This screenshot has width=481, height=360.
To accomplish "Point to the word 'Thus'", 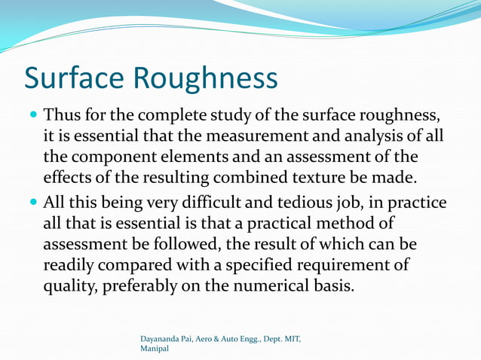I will pos(61,117).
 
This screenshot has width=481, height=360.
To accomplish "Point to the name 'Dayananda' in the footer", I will pos(163,340).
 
